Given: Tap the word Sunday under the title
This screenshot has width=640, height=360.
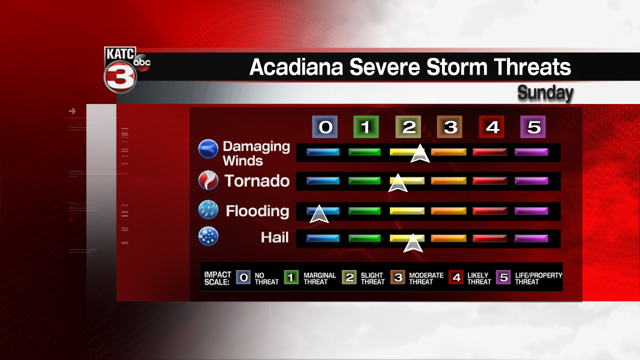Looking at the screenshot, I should click(x=545, y=92).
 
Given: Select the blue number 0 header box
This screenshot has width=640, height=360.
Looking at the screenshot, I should click(x=325, y=127).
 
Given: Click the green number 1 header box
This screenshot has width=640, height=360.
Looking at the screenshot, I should click(x=366, y=127).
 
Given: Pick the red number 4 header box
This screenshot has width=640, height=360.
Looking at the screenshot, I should click(x=492, y=127).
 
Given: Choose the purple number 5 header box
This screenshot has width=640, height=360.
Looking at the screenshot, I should click(x=533, y=127).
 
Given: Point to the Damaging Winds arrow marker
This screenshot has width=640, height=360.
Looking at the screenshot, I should click(x=420, y=154).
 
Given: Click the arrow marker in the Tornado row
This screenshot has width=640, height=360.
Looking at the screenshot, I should click(x=398, y=183).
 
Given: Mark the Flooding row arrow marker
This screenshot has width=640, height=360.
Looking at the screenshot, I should click(x=319, y=214).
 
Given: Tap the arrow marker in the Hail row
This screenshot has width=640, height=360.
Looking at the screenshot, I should click(x=413, y=243).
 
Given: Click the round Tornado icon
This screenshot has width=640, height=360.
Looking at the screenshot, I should click(x=208, y=180).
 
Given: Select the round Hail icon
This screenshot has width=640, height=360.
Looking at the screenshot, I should click(x=208, y=236).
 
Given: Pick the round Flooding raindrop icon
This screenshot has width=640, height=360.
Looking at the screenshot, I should click(x=208, y=210).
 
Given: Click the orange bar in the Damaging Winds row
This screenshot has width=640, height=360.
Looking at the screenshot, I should click(x=448, y=152).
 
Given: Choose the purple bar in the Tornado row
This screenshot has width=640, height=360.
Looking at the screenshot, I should click(x=531, y=180).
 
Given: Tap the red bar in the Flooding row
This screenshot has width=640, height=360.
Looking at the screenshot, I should click(x=490, y=211).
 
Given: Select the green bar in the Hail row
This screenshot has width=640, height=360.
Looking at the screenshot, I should click(x=364, y=238).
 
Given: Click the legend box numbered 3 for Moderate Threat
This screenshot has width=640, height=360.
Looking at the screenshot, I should click(x=398, y=277).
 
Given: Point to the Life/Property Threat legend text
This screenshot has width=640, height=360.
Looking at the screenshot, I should click(x=538, y=278).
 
